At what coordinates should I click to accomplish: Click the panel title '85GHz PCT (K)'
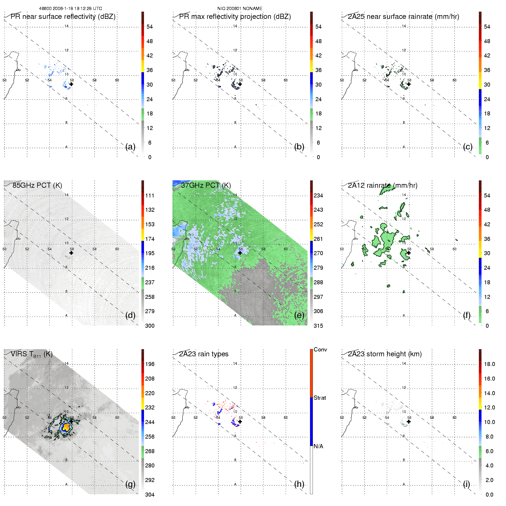(37, 185)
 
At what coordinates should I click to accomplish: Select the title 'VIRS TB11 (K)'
(31, 354)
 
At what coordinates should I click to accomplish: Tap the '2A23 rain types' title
(204, 354)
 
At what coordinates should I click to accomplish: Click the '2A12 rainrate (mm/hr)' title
(383, 185)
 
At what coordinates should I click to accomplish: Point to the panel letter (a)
(130, 147)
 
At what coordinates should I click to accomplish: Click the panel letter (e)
(299, 315)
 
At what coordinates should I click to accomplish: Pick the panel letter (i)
(466, 484)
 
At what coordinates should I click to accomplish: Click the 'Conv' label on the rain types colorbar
(320, 350)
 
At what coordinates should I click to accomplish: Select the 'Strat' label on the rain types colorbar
(320, 398)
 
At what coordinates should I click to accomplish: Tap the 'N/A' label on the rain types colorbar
(318, 446)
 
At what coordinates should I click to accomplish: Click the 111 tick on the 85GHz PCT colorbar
(150, 196)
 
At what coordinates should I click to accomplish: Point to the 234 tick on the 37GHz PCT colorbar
(318, 196)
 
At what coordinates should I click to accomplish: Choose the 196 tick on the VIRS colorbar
(150, 364)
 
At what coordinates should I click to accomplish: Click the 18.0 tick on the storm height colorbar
(489, 364)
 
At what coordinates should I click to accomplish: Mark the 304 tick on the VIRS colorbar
(150, 495)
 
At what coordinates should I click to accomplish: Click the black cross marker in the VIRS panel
(71, 421)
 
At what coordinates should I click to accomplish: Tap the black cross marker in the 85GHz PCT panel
(71, 253)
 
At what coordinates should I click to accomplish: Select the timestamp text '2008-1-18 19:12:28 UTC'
(77, 9)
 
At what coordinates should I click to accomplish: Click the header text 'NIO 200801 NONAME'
(240, 9)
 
